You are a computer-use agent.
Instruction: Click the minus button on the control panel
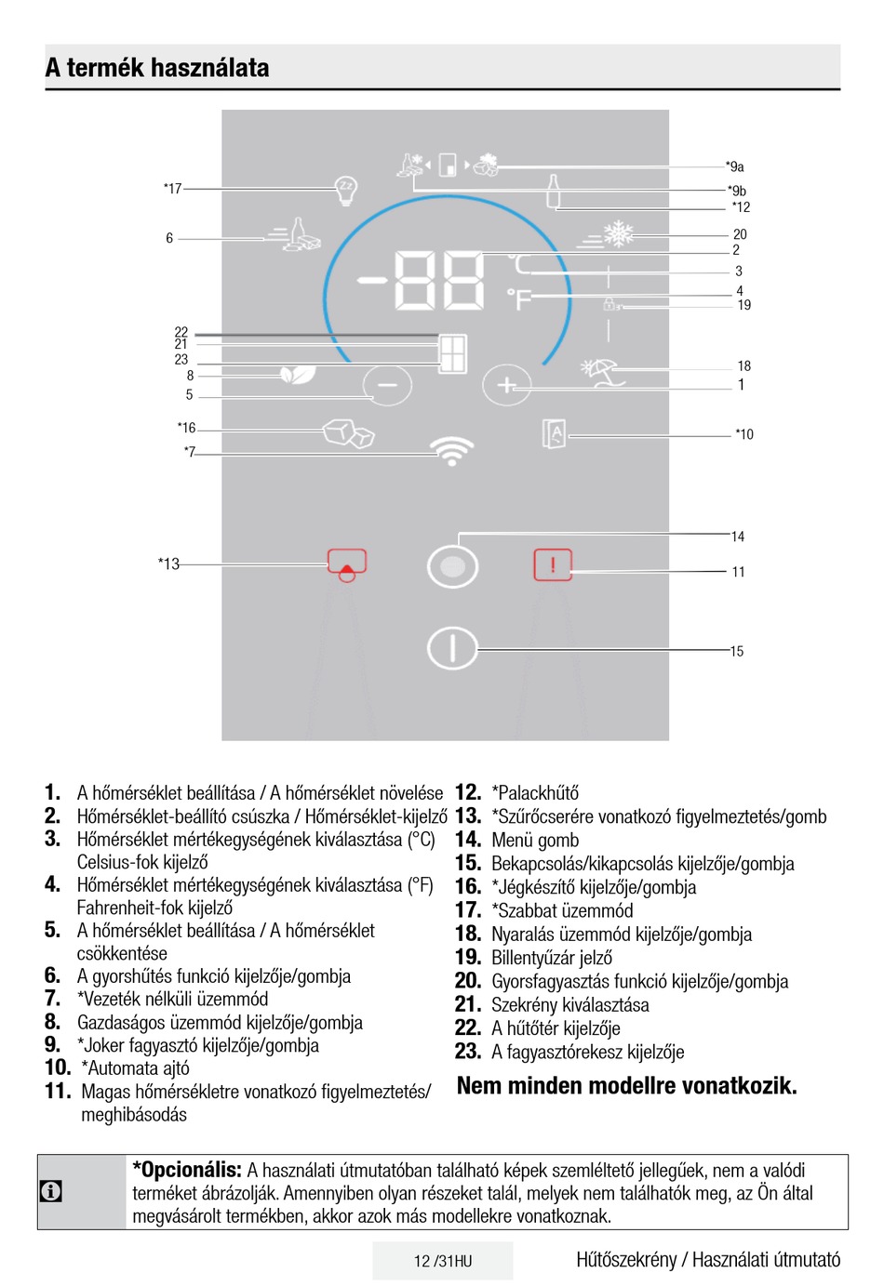tap(387, 384)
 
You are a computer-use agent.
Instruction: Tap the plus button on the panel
tap(506, 384)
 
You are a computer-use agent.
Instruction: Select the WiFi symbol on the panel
tap(452, 452)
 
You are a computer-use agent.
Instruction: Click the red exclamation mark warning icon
tap(553, 564)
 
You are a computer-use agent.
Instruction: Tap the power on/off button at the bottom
tap(452, 648)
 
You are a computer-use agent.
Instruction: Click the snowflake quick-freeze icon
tap(618, 234)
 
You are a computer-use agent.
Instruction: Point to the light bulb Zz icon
tap(346, 189)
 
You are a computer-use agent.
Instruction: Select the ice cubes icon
tap(349, 432)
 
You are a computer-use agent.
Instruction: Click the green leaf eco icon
tap(298, 374)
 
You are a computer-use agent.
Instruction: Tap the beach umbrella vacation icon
tap(601, 371)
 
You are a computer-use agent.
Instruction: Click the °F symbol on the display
tap(519, 299)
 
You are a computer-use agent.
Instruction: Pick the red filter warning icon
tap(347, 564)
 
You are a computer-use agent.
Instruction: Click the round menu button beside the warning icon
tap(452, 566)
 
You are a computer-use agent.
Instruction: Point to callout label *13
tap(168, 563)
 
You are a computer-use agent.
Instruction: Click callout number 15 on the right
tap(737, 652)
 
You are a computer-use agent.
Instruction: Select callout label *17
tap(172, 189)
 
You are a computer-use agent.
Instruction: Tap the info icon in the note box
tap(51, 1191)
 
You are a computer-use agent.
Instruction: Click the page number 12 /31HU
tap(443, 1261)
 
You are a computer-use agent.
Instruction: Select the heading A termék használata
tap(157, 68)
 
